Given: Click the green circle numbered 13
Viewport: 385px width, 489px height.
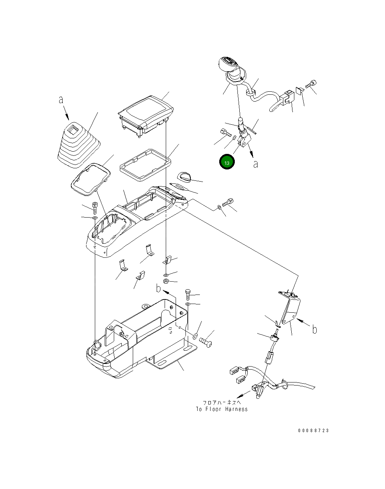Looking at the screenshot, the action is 227,162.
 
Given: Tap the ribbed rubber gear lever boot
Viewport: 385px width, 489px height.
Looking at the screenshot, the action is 79,146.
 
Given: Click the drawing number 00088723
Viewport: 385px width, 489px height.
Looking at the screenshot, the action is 314,430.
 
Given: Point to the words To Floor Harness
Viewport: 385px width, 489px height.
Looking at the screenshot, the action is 222,409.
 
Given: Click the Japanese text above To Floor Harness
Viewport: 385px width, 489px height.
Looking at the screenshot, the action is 222,403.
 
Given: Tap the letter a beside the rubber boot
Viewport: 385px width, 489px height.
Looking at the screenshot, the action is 61,100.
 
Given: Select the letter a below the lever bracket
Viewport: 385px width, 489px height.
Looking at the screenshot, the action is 256,164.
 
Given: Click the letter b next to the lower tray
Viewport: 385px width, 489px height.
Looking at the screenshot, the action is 159,288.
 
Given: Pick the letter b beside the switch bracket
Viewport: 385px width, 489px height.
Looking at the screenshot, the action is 314,329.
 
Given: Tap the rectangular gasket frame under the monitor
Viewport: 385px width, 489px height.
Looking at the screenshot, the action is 145,165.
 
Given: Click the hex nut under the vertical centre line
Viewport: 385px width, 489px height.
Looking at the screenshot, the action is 166,281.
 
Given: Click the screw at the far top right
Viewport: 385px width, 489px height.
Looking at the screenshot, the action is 311,84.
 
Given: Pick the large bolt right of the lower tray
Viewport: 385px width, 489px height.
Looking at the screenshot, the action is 205,342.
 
